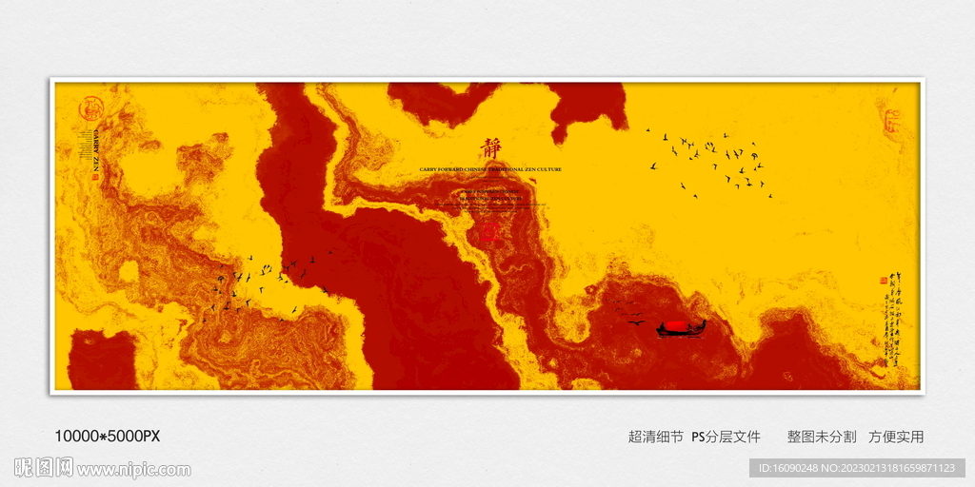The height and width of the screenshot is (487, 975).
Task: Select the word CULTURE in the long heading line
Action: [548, 169]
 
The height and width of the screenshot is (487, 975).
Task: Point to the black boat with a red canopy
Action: [681, 329]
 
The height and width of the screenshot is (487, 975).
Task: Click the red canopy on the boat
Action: [674, 324]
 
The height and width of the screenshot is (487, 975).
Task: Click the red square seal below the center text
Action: [491, 232]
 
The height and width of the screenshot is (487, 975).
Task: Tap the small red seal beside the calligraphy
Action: [883, 281]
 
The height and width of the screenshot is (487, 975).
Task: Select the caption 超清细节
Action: [655, 437]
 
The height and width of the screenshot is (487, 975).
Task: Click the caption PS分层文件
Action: [726, 437]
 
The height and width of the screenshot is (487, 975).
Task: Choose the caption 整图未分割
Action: [820, 437]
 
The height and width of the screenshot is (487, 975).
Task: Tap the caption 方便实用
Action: [896, 437]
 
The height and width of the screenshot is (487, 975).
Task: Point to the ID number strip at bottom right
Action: [857, 468]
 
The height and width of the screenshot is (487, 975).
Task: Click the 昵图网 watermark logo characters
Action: [44, 468]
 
